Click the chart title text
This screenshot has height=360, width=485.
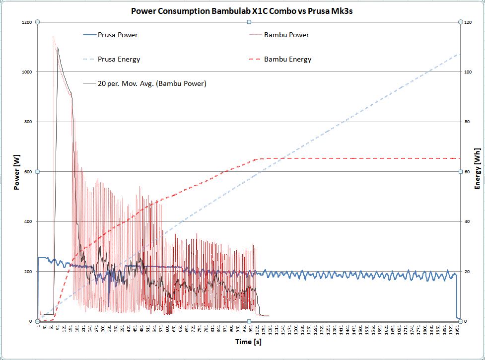(242, 10)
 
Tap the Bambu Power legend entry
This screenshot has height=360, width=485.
(286, 35)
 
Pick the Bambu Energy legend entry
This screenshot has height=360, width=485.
(287, 59)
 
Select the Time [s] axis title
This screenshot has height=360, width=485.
(249, 342)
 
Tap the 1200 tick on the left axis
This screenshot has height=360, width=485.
(27, 22)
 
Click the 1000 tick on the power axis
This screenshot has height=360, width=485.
(27, 72)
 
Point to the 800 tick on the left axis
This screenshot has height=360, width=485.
(28, 122)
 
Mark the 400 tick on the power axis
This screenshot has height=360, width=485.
(28, 221)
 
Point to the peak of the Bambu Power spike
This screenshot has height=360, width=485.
(54, 36)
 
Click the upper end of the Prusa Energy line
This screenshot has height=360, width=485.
(459, 54)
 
